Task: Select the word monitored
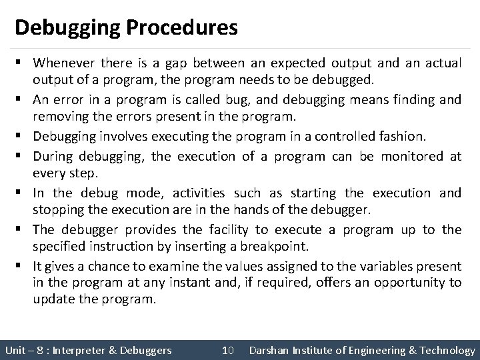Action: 411,157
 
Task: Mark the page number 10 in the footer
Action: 227,350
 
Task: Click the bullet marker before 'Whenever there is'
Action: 23,63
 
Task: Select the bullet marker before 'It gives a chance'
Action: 23,265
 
